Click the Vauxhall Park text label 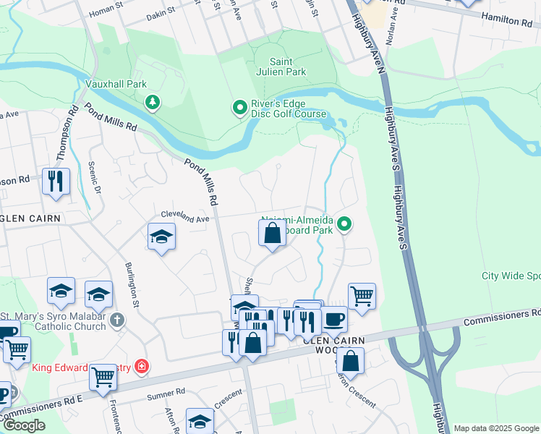[116, 84]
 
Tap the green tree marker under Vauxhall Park [153, 102]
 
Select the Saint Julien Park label [287, 67]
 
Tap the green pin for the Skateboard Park [345, 225]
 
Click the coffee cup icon [333, 318]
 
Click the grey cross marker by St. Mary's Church [117, 320]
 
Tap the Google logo [25, 425]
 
